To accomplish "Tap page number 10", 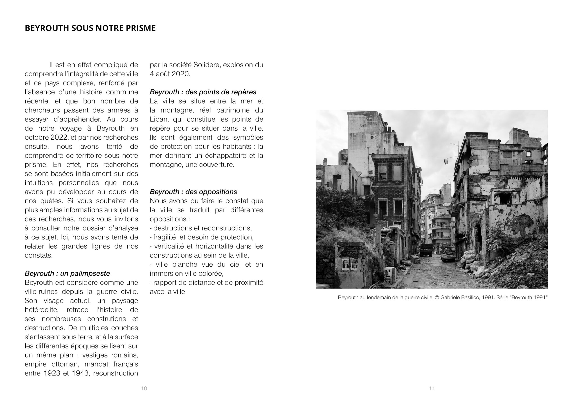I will click(x=144, y=388).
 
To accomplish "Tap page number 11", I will click(x=432, y=388).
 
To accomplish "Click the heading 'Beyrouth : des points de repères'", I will click(x=203, y=92).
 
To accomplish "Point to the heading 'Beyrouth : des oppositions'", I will click(x=193, y=192).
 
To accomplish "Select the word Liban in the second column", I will click(x=158, y=119).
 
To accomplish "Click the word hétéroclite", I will click(x=41, y=310).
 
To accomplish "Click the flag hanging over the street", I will click(x=446, y=161).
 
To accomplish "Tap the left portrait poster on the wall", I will click(x=346, y=264).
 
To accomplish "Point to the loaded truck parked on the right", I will click(x=448, y=253).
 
